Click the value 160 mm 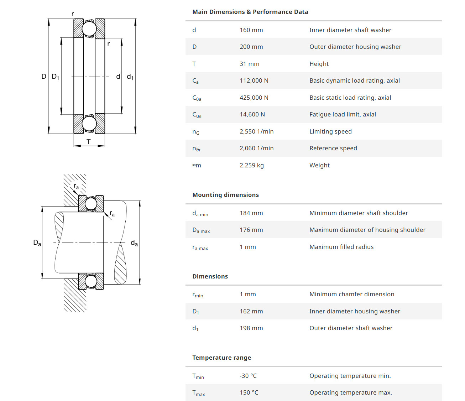pyautogui.click(x=251, y=30)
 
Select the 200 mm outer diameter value pyautogui.click(x=251, y=47)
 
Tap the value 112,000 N pyautogui.click(x=254, y=80)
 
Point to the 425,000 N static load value pyautogui.click(x=254, y=98)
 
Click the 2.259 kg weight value pyautogui.click(x=251, y=165)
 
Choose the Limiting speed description pyautogui.click(x=330, y=131)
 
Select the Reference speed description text pyautogui.click(x=333, y=148)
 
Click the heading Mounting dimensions pyautogui.click(x=225, y=195)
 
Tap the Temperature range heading pyautogui.click(x=221, y=358)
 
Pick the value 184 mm pyautogui.click(x=251, y=213)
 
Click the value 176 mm pyautogui.click(x=251, y=230)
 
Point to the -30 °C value pyautogui.click(x=248, y=376)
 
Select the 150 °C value pyautogui.click(x=249, y=392)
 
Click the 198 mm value pyautogui.click(x=251, y=328)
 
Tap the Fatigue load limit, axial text pyautogui.click(x=343, y=114)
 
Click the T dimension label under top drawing pyautogui.click(x=89, y=142)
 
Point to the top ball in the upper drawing pyautogui.click(x=89, y=28)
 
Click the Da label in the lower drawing pyautogui.click(x=37, y=243)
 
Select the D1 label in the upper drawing pyautogui.click(x=56, y=77)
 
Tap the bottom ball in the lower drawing pyautogui.click(x=91, y=281)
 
